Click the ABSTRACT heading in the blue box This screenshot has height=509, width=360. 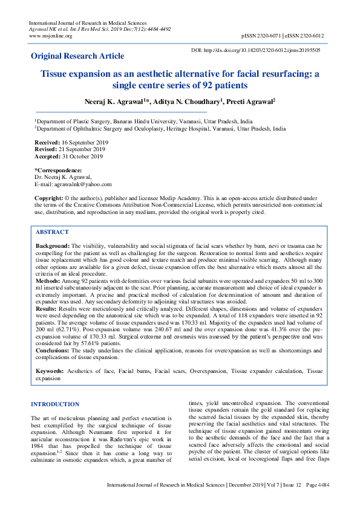coord(52,232)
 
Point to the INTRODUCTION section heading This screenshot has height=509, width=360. coord(55,404)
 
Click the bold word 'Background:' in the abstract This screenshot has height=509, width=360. coord(53,247)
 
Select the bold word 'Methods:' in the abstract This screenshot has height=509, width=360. coord(48,281)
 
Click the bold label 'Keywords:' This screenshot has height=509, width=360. coord(50,370)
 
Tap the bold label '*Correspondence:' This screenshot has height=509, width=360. coord(58,170)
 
